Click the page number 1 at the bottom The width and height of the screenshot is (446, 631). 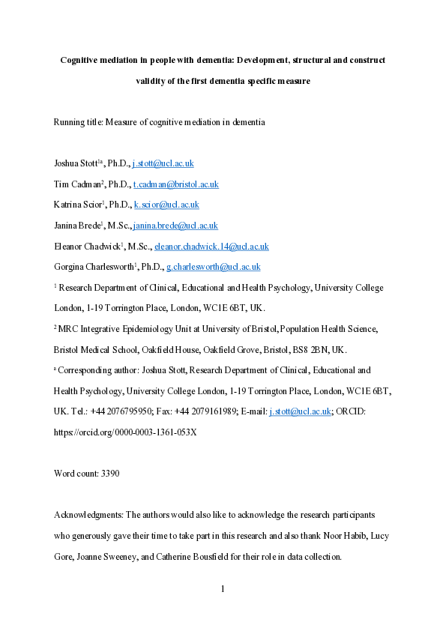coord(223,589)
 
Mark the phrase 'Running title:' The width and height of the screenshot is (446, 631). coord(79,122)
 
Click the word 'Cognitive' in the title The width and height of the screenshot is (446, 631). coord(82,59)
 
